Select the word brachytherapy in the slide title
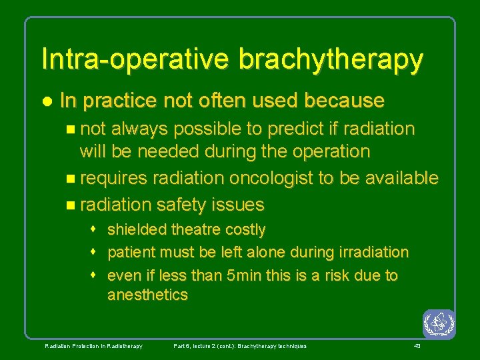[x=331, y=60]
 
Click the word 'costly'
[x=246, y=230]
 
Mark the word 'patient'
[x=129, y=253]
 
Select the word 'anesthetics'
[x=147, y=295]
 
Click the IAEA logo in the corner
[x=439, y=324]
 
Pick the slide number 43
[x=417, y=346]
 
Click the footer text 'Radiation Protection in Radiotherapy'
[x=93, y=346]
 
